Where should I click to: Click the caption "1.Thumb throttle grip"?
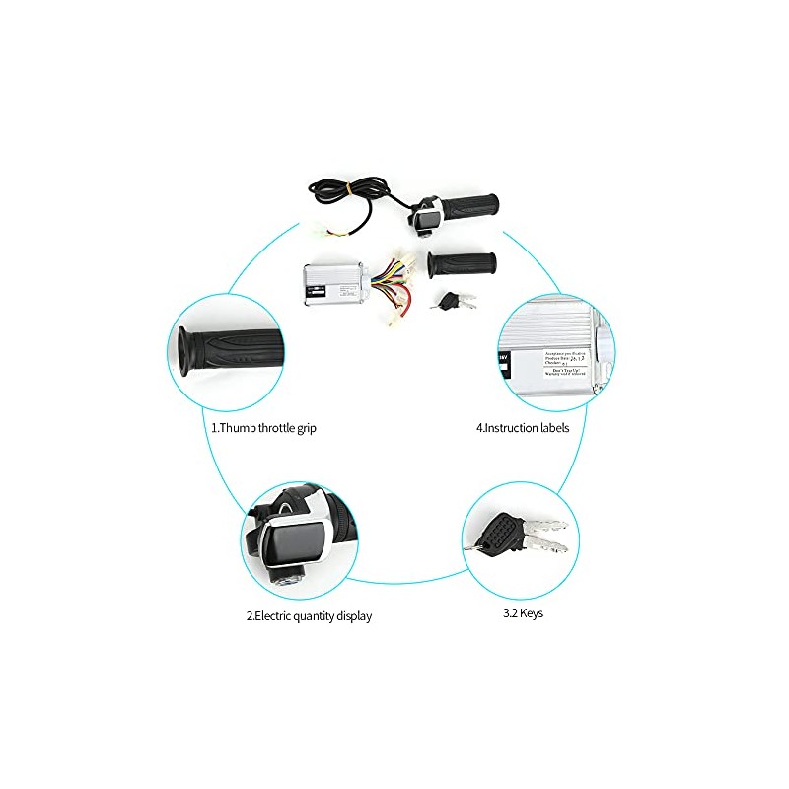pyautogui.click(x=264, y=428)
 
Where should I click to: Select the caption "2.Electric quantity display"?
pyautogui.click(x=309, y=616)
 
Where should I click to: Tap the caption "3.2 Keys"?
pyautogui.click(x=522, y=612)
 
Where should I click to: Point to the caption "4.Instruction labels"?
pyautogui.click(x=524, y=428)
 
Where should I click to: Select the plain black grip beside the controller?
pyautogui.click(x=462, y=264)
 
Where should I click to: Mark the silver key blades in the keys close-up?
pyautogui.click(x=544, y=537)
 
